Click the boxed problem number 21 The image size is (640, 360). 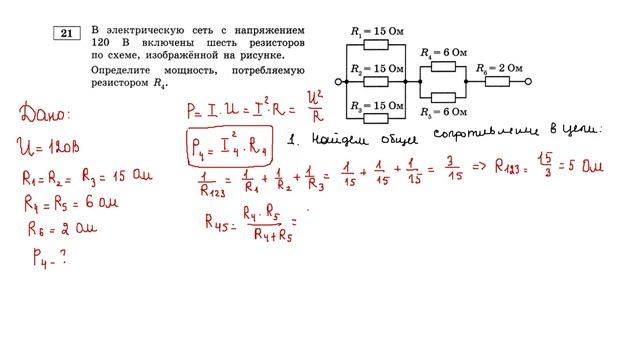tap(67, 34)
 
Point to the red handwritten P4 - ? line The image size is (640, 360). tap(45, 257)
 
